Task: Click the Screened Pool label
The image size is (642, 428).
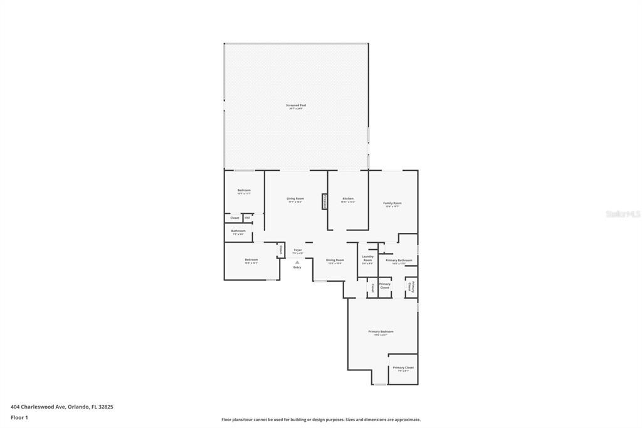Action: click(x=296, y=106)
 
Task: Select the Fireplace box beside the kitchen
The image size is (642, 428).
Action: click(x=325, y=201)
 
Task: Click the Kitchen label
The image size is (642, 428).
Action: click(x=348, y=200)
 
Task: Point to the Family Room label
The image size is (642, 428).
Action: click(x=392, y=204)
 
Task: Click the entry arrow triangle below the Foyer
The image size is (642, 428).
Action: click(x=297, y=262)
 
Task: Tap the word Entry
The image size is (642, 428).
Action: click(x=297, y=268)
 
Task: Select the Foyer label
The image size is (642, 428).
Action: click(x=298, y=251)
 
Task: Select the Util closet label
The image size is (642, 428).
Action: click(x=247, y=218)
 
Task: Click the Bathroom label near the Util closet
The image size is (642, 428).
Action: click(x=238, y=232)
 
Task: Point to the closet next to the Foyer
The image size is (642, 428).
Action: click(x=281, y=250)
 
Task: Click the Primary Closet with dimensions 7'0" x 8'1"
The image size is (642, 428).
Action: click(x=403, y=368)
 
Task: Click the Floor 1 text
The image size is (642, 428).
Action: click(x=19, y=417)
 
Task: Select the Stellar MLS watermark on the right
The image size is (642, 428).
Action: click(x=623, y=214)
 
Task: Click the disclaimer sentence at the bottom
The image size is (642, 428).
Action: click(x=320, y=420)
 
